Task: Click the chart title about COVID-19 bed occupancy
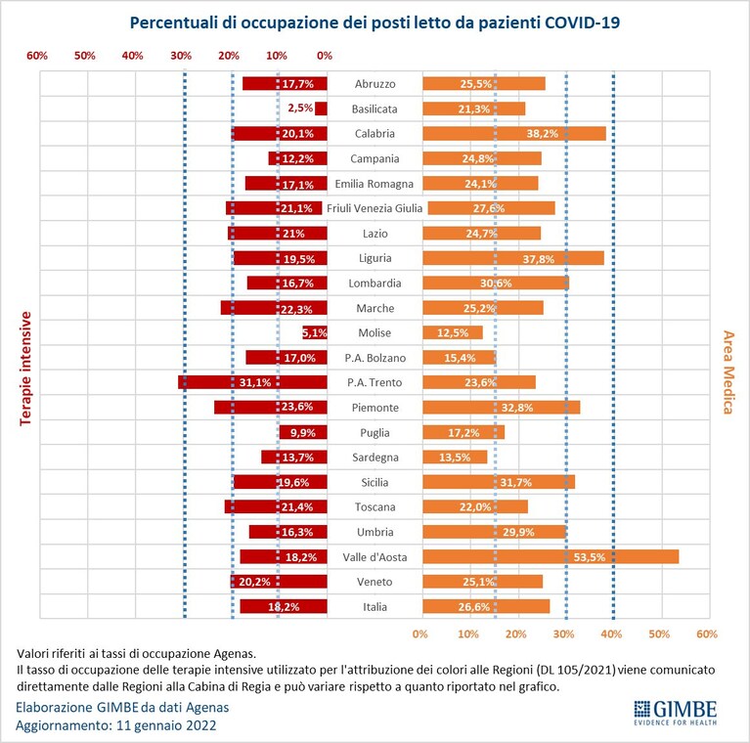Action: tap(375, 22)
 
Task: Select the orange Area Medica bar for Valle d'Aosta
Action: tap(551, 556)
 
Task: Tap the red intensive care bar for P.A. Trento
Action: tap(252, 382)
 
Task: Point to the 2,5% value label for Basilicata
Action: tap(300, 109)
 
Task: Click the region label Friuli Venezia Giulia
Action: tap(375, 208)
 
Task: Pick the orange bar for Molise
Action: tap(453, 332)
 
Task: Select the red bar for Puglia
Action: tap(303, 432)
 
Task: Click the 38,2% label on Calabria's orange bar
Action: tap(543, 133)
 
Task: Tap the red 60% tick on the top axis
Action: tap(37, 56)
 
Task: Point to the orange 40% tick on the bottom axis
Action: tap(611, 634)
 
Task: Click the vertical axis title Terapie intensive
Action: tap(25, 369)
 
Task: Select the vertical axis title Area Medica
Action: tap(728, 371)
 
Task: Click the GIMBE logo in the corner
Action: tap(676, 712)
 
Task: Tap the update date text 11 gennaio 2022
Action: tap(166, 725)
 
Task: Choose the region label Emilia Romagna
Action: tap(375, 184)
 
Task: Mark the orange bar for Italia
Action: tap(486, 606)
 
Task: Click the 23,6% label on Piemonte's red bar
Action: tap(297, 407)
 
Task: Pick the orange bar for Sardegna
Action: tap(455, 458)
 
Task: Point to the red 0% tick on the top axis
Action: tap(325, 56)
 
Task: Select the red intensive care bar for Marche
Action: tap(274, 307)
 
